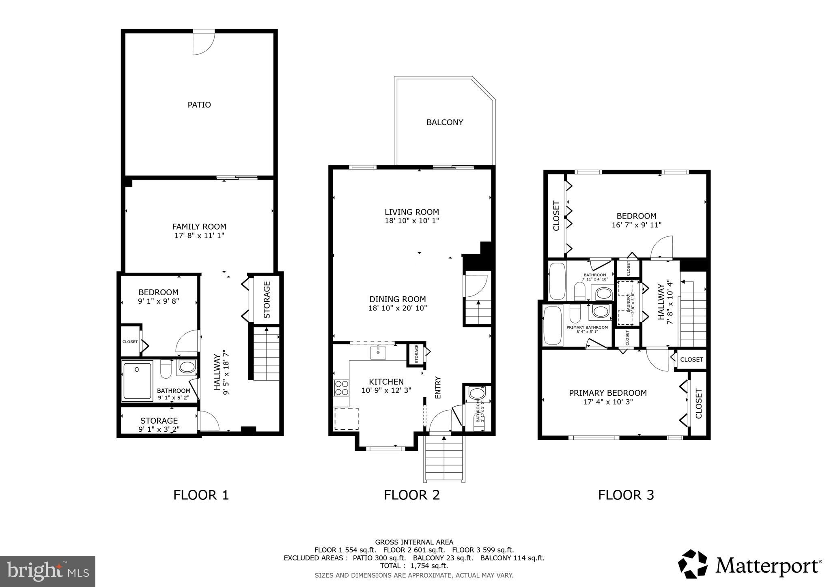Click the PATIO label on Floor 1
[199, 105]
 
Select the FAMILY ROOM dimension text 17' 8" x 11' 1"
[199, 236]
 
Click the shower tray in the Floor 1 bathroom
[137, 381]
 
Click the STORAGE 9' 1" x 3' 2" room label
[159, 425]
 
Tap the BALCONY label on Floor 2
[444, 122]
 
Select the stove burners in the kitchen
[341, 388]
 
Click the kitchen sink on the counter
[378, 352]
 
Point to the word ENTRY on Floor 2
[438, 388]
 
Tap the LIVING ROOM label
[411, 212]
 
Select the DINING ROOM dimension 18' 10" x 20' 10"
[397, 308]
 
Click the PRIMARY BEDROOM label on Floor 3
[607, 393]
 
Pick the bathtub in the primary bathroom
[552, 326]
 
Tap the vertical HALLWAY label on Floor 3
[661, 302]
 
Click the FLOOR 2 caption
[411, 495]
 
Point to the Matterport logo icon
[692, 564]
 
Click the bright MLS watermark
[47, 571]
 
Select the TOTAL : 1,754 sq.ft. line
[414, 566]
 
